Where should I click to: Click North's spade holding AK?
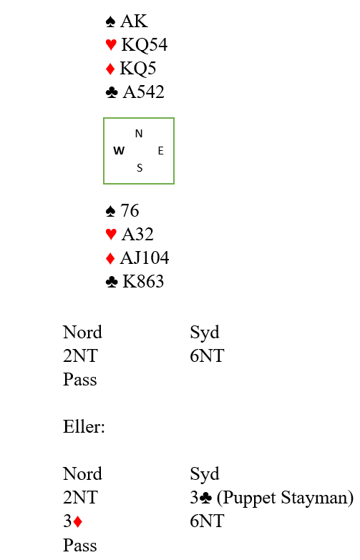pos(134,21)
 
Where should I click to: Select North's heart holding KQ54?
pos(145,44)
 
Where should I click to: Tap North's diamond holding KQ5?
pos(138,68)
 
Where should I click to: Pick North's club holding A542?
pos(144,92)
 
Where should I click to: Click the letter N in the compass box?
pos(139,134)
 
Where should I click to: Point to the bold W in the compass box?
pos(119,151)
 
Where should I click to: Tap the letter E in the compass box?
pos(161,151)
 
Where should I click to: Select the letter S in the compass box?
pos(140,168)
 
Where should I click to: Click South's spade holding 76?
pos(130,210)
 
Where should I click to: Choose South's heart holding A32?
pos(137,234)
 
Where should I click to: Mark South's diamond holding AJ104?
pos(145,257)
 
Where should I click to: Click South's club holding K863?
pos(143,281)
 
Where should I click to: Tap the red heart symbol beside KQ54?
pos(111,44)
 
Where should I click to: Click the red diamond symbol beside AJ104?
pos(110,258)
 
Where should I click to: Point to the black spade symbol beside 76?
pos(111,211)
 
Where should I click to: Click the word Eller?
pos(84,426)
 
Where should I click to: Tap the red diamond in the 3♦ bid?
pos(78,521)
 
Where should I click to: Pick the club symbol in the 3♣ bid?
pos(206,498)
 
